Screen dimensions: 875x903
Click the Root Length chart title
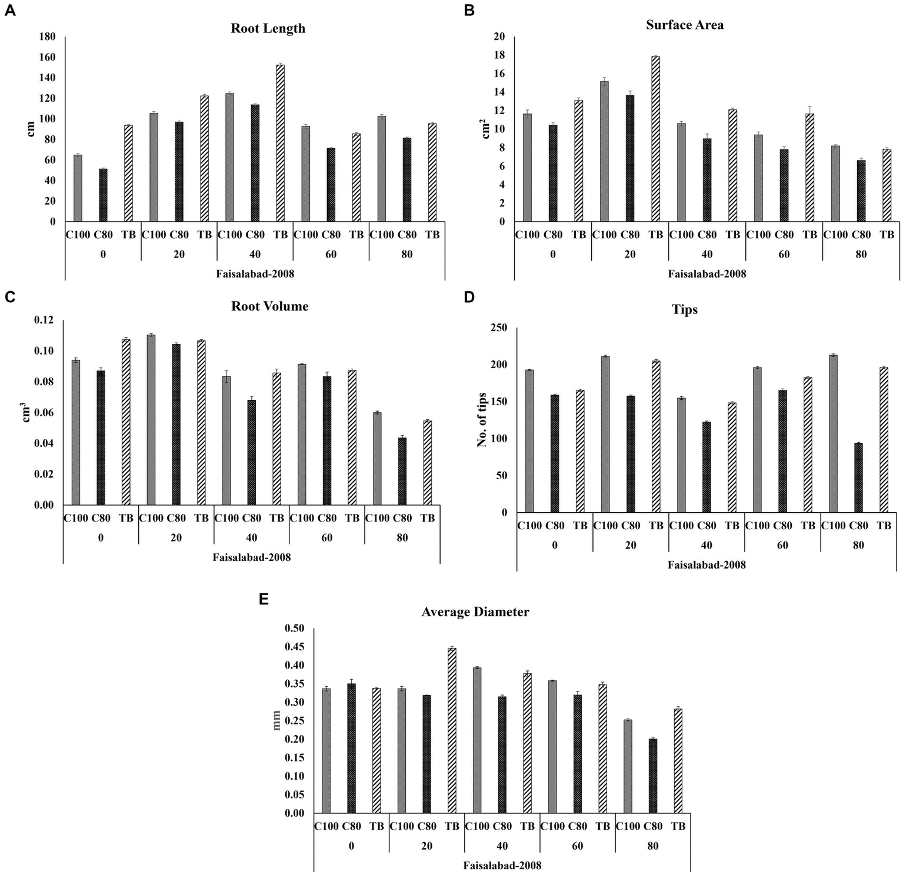point(268,28)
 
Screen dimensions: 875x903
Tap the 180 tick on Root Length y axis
point(47,37)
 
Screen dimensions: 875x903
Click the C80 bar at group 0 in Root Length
point(103,195)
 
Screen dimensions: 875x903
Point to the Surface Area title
point(685,25)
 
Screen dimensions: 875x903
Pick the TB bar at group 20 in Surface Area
point(655,139)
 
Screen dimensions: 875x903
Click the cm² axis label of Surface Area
point(487,129)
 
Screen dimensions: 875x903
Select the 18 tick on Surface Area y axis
point(499,55)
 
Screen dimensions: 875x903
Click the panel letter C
point(9,297)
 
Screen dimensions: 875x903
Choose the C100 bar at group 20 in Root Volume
point(151,420)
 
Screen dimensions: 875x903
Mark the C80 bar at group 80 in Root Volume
point(402,471)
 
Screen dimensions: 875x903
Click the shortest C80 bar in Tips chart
point(858,477)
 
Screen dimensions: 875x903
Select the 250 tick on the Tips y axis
point(498,328)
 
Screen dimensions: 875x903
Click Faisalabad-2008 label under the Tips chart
point(707,565)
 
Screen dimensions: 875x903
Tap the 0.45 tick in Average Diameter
point(294,647)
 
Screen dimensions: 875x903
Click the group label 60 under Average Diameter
point(577,846)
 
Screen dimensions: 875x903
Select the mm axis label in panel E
point(277,720)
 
